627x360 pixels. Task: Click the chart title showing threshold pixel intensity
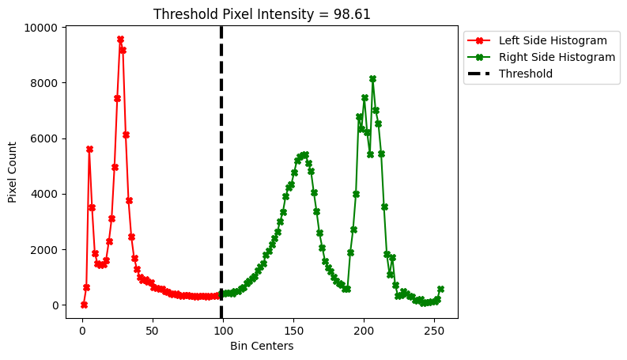coord(262,14)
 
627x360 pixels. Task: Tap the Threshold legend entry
coord(525,74)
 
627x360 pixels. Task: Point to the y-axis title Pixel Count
coord(13,172)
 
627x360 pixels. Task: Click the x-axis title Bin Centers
coord(262,347)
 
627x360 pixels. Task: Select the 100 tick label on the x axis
coord(223,330)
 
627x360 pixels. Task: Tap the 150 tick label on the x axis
coord(293,330)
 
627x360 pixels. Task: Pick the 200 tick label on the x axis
coord(364,330)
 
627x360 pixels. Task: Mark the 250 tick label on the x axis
coord(434,330)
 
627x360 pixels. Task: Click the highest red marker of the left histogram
coord(120,39)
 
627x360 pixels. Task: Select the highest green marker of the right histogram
coord(372,79)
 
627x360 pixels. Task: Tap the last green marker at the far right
coord(440,289)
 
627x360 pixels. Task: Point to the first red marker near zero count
coord(84,305)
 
